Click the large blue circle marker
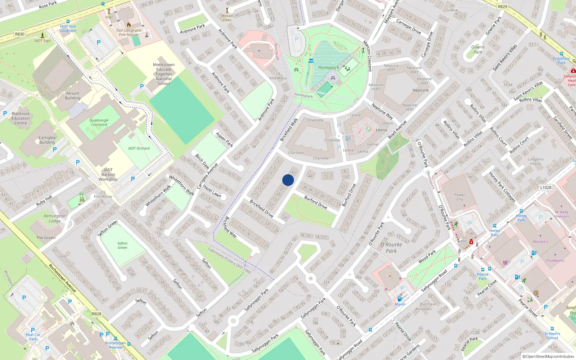[288, 180]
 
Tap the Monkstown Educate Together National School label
[164, 74]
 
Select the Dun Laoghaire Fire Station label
[129, 32]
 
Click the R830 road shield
[20, 34]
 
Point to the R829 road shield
[502, 6]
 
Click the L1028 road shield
[545, 187]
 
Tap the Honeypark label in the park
[328, 67]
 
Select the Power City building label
[460, 197]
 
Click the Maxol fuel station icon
[400, 299]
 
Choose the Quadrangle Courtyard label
[99, 122]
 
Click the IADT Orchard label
[139, 148]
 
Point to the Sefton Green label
[122, 245]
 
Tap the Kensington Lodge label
[55, 219]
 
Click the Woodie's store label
[540, 242]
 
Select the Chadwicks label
[555, 260]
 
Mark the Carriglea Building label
[47, 140]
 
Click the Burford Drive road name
[316, 202]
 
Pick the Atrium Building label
[73, 95]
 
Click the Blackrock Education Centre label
[21, 118]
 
